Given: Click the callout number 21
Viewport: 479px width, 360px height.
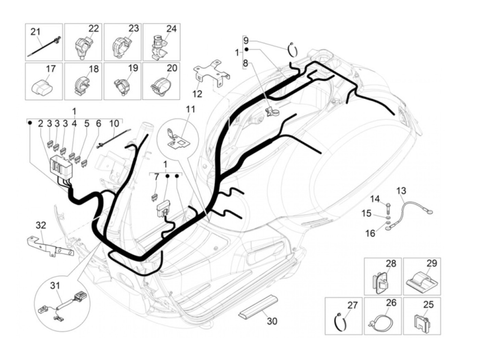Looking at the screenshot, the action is pyautogui.click(x=35, y=32).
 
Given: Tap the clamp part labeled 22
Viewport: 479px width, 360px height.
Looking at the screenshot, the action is pyautogui.click(x=83, y=47).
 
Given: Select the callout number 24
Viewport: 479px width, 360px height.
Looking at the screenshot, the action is pyautogui.click(x=171, y=29).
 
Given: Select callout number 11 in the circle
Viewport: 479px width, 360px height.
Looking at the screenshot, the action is pyautogui.click(x=190, y=109).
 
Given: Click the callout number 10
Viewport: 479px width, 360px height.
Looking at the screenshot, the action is pyautogui.click(x=114, y=124).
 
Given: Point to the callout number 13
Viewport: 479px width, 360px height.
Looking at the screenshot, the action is pyautogui.click(x=401, y=191).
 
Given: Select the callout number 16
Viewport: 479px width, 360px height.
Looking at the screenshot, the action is pyautogui.click(x=370, y=233).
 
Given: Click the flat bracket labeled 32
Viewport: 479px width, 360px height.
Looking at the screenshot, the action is pyautogui.click(x=50, y=246).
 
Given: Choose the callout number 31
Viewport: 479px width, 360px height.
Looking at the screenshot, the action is pyautogui.click(x=55, y=286).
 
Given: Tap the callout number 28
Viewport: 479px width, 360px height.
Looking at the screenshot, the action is pyautogui.click(x=391, y=264).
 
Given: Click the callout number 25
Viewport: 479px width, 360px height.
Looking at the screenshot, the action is pyautogui.click(x=428, y=305).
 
